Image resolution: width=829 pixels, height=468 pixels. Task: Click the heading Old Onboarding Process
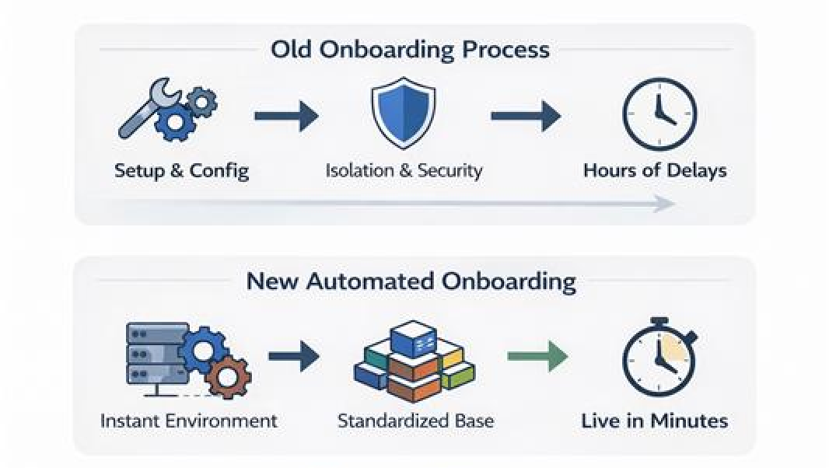410,50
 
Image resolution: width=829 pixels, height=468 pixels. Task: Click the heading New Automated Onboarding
411,281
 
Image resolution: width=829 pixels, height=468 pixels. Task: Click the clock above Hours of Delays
659,114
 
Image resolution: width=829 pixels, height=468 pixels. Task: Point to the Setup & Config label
181,170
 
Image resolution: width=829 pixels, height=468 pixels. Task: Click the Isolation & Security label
404,170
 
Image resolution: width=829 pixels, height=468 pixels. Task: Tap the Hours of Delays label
655,170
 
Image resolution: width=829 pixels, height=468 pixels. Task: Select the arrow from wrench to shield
286,117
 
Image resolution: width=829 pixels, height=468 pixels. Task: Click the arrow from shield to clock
525,117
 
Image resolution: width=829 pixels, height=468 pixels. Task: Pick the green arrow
537,357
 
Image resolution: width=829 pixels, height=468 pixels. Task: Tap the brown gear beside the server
228,378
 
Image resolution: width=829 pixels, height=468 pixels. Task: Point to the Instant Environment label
188,421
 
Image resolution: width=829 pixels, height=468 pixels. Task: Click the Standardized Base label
415,421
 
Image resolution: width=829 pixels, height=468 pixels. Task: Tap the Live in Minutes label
654,421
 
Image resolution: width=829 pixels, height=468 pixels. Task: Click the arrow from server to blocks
293,357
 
